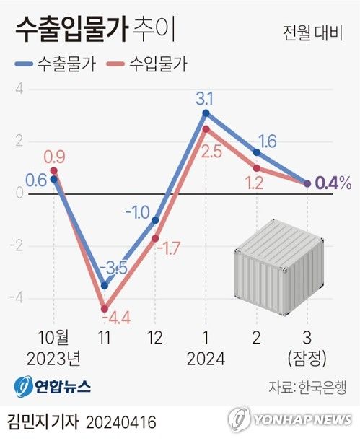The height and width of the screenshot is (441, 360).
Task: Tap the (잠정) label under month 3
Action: (307, 358)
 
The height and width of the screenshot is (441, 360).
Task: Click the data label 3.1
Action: (206, 97)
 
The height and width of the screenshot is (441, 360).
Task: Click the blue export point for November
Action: (105, 286)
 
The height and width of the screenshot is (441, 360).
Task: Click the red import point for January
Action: (206, 129)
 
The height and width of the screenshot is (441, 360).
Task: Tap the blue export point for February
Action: (256, 152)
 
